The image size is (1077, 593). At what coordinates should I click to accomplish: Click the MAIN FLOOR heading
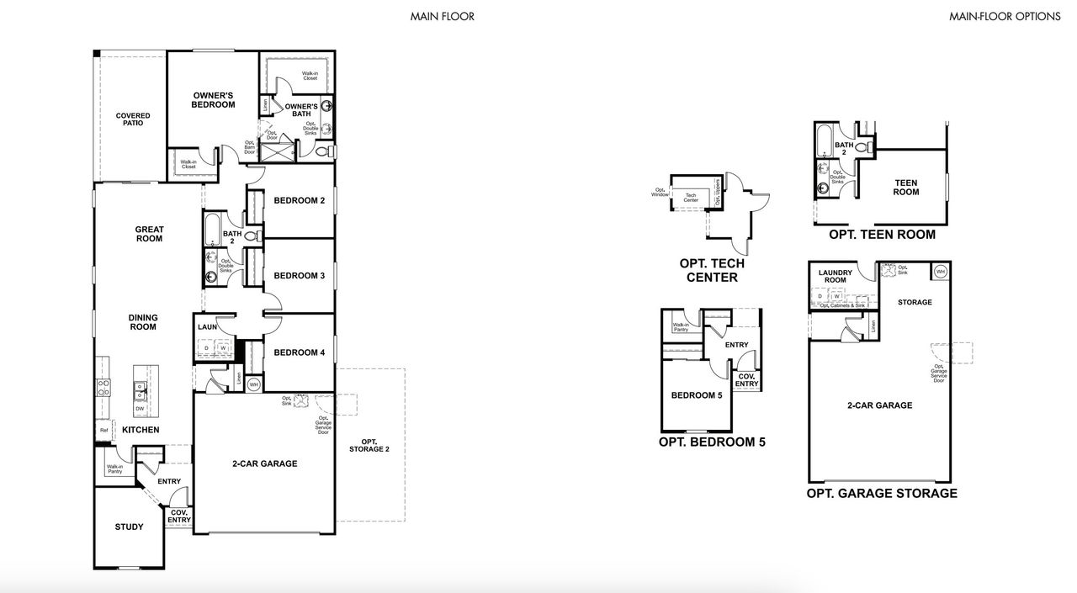(442, 16)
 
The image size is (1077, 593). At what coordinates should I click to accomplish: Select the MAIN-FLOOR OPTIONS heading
(1005, 16)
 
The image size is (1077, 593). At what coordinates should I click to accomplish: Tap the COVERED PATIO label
(133, 119)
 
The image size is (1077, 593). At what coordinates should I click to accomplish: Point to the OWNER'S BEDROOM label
(213, 100)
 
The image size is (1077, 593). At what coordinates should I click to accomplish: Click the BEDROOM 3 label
(299, 276)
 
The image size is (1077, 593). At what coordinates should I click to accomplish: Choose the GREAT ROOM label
(150, 234)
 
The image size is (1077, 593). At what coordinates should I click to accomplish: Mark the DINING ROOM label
(143, 322)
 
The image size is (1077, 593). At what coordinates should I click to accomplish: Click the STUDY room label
(129, 527)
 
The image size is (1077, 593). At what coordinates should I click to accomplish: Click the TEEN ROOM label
(905, 188)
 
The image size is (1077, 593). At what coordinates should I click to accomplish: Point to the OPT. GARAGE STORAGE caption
(881, 494)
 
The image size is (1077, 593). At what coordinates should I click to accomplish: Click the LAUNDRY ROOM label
(835, 276)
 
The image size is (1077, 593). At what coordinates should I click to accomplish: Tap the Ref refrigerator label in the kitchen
(104, 430)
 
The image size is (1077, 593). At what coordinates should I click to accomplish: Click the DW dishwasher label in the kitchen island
(141, 409)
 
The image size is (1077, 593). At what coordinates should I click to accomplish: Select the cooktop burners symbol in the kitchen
(104, 388)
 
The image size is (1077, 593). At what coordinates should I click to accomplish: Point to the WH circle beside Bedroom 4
(253, 384)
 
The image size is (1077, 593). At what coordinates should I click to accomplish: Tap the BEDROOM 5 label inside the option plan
(696, 395)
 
